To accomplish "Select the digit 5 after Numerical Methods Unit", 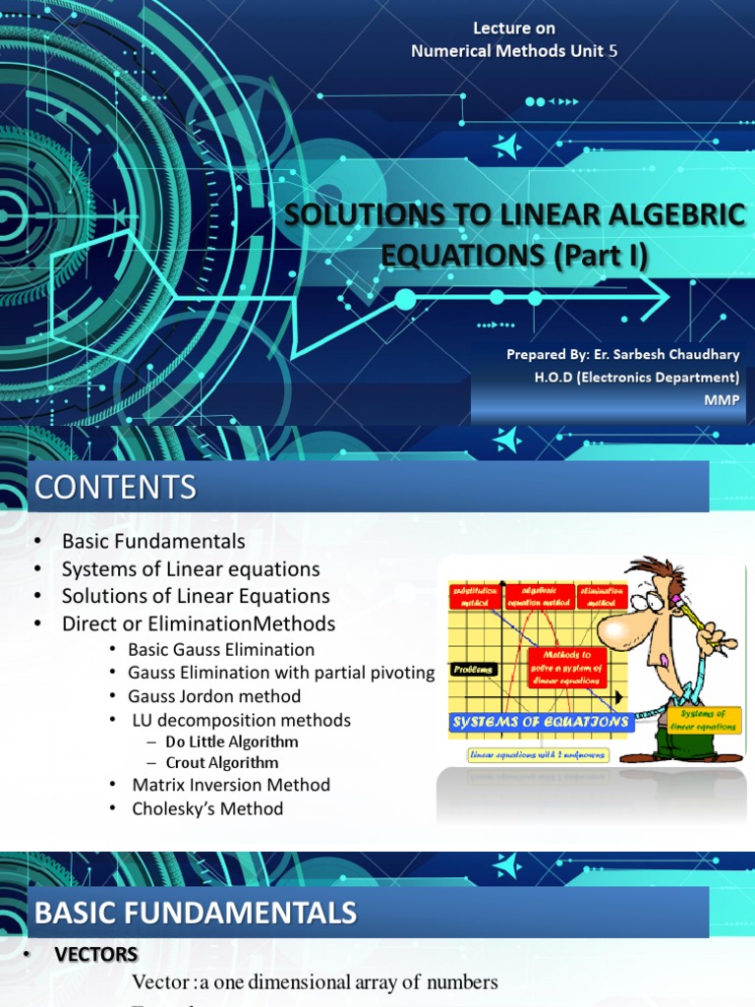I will coord(613,51).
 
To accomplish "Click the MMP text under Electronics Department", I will coord(724,399).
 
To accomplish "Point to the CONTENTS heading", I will coord(115,487).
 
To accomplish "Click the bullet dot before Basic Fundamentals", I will coord(37,542).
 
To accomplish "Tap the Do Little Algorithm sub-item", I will coord(231,741).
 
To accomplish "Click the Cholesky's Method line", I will coord(207,808).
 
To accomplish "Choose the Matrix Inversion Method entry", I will coord(231,785).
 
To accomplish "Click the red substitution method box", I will coord(474,595).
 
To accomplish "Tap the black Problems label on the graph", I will coord(474,670).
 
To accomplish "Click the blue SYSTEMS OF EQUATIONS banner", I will coord(540,721).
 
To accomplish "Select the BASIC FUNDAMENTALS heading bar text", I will coord(196,913).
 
